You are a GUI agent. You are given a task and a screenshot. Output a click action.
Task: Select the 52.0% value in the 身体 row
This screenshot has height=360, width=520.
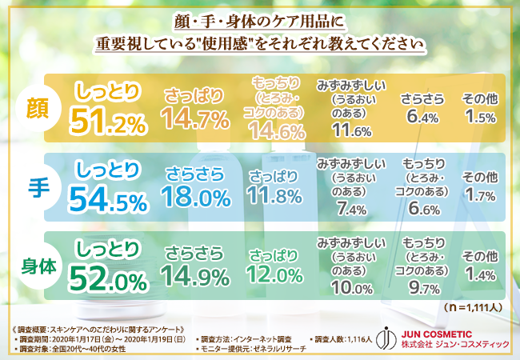pyautogui.click(x=108, y=278)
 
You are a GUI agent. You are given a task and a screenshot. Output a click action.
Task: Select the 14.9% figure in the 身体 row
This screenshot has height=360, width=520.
pyautogui.click(x=193, y=276)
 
